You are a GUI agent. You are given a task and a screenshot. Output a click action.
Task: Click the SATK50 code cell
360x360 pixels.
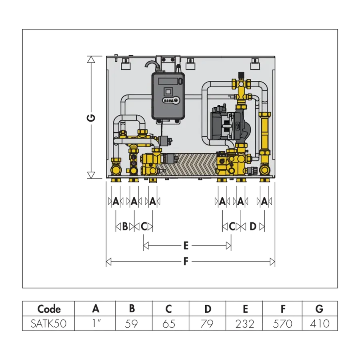(48, 324)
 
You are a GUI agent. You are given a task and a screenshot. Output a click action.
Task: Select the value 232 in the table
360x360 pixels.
(245, 324)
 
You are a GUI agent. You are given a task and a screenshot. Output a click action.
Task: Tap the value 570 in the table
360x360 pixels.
(283, 324)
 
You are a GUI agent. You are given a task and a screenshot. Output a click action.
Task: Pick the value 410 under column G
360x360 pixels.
(320, 324)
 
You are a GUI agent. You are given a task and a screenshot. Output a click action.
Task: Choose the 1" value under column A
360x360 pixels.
(96, 323)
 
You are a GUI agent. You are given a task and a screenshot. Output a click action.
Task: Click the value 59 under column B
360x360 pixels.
(131, 324)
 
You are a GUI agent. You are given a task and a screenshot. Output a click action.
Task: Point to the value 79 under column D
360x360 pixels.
(207, 324)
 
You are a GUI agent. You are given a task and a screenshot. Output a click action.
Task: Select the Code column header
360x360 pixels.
(49, 309)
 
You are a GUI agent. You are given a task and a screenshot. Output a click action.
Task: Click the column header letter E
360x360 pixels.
(245, 309)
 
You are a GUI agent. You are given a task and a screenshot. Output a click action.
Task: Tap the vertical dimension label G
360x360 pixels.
(91, 118)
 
